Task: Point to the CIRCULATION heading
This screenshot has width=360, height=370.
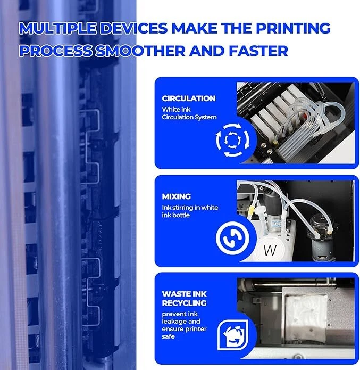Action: point(189,98)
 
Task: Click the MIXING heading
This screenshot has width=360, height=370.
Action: point(176,196)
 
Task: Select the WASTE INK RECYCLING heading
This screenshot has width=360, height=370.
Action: point(185,298)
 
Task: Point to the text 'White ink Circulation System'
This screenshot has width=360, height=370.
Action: point(189,113)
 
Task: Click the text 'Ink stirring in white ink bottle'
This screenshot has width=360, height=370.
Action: point(190,211)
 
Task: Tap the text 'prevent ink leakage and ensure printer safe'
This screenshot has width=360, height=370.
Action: point(186,325)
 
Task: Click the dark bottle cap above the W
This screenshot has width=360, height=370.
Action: point(272,202)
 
